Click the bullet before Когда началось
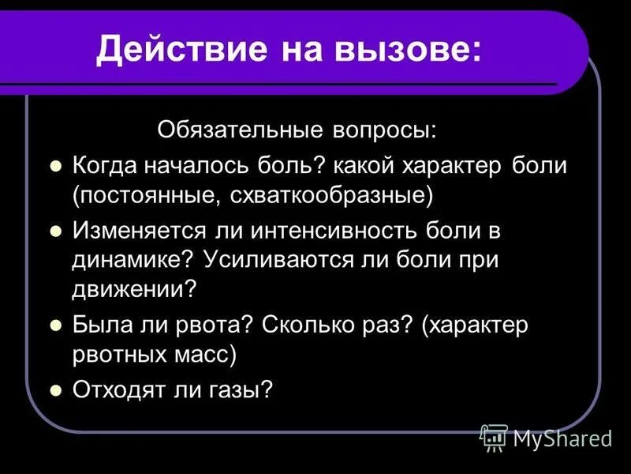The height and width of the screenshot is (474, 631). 55,167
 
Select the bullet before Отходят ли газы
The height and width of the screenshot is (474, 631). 55,389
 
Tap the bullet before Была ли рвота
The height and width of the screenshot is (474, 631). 55,325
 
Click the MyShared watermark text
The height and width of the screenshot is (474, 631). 562,438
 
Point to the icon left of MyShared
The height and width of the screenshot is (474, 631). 493,437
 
